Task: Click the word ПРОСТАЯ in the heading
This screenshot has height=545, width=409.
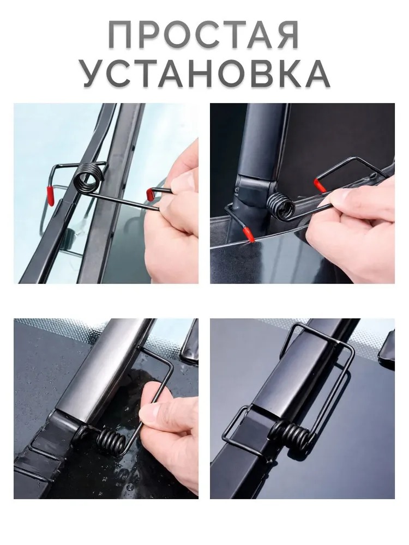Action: (203, 34)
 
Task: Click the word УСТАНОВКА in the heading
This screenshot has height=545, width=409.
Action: (206, 74)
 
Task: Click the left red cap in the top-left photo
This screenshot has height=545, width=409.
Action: (50, 196)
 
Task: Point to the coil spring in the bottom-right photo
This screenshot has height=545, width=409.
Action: (291, 435)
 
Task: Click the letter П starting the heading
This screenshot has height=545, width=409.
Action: (120, 35)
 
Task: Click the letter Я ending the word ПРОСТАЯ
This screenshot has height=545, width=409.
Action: (287, 35)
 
